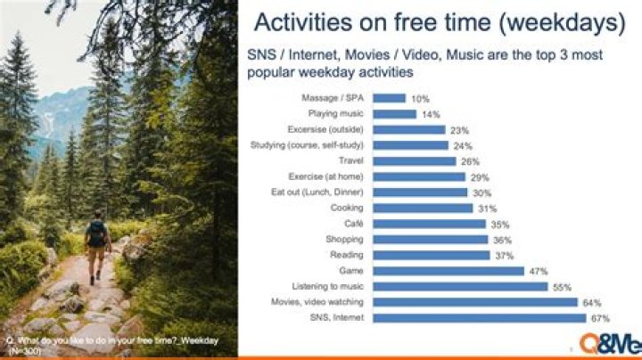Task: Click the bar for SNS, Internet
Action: [479, 317]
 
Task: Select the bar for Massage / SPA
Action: [389, 98]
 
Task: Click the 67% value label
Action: [598, 317]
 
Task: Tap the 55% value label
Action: [559, 286]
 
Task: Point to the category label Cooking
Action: [347, 208]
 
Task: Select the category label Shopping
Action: [345, 239]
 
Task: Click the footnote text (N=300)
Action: [25, 352]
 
